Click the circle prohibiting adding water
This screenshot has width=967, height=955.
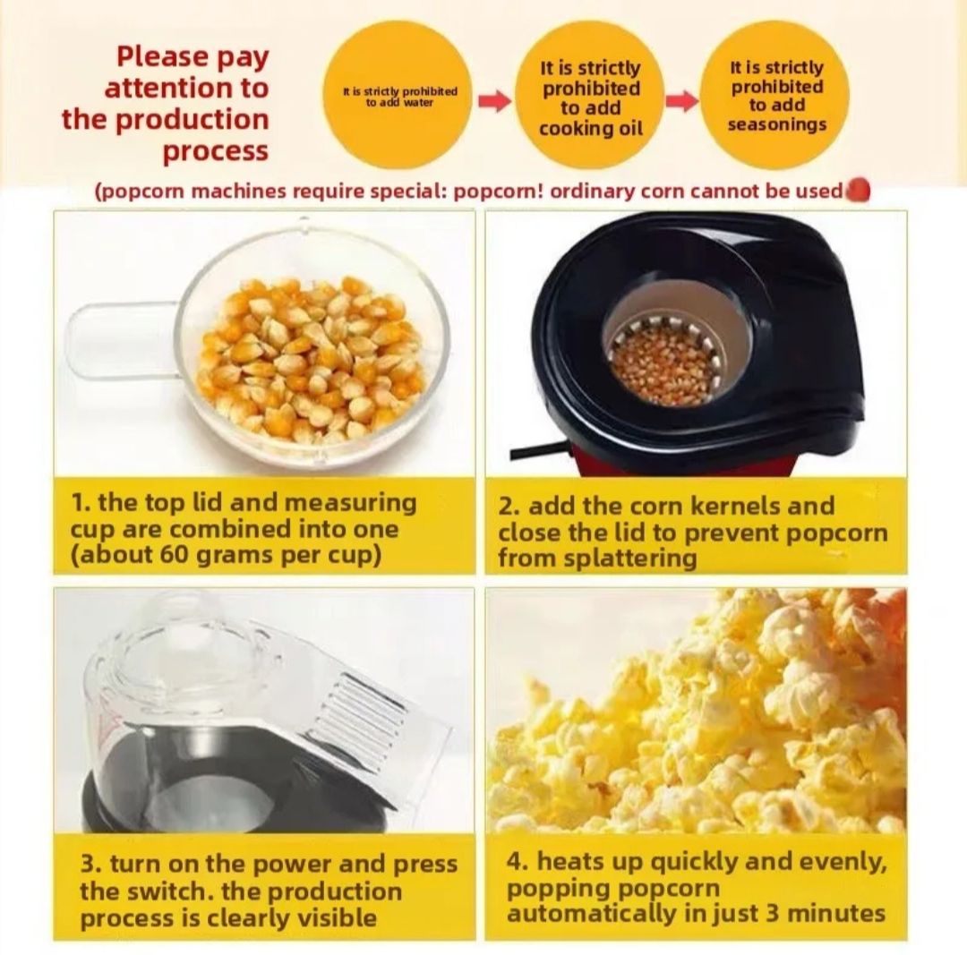(398, 96)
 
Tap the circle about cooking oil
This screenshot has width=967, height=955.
(590, 97)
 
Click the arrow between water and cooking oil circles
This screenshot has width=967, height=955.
(495, 101)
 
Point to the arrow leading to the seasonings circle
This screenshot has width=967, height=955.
(682, 101)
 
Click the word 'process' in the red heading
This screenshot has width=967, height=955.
(215, 150)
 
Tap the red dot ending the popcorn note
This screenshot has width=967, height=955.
(858, 190)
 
